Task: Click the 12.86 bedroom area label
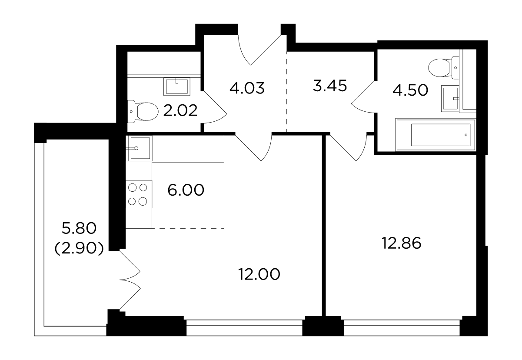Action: pyautogui.click(x=401, y=243)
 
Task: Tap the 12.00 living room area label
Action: pyautogui.click(x=259, y=274)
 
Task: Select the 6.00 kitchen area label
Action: pyautogui.click(x=186, y=190)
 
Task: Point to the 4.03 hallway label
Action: pyautogui.click(x=247, y=88)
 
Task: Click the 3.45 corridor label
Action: pyautogui.click(x=330, y=86)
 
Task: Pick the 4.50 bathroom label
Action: pyautogui.click(x=410, y=90)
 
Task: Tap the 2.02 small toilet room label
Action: pyautogui.click(x=180, y=110)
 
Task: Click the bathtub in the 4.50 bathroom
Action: pyautogui.click(x=436, y=135)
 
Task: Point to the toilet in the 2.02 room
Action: pyautogui.click(x=143, y=111)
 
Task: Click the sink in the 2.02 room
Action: pyautogui.click(x=177, y=87)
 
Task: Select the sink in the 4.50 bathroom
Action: pyautogui.click(x=450, y=98)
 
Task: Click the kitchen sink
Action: pyautogui.click(x=139, y=148)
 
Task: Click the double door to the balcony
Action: pyautogui.click(x=130, y=280)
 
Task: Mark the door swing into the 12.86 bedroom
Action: pyautogui.click(x=349, y=148)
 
